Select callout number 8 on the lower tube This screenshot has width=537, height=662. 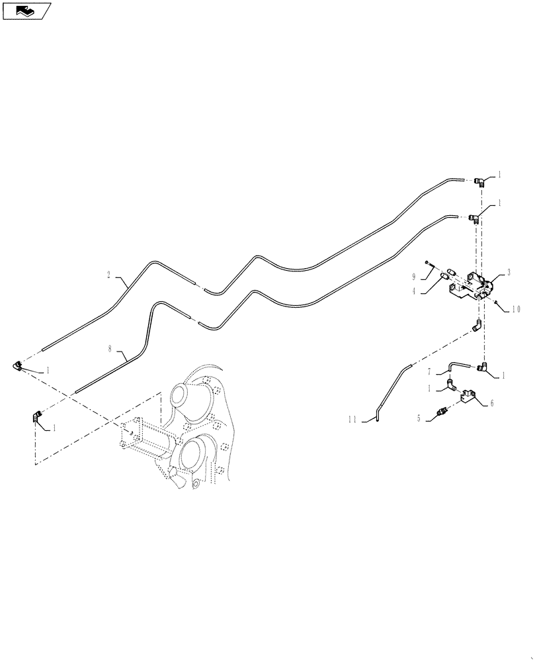[110, 346]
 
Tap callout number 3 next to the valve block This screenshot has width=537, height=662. [509, 272]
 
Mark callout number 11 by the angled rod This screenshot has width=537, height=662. [352, 418]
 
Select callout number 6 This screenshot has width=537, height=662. [491, 402]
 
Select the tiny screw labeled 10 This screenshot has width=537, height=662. [496, 302]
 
